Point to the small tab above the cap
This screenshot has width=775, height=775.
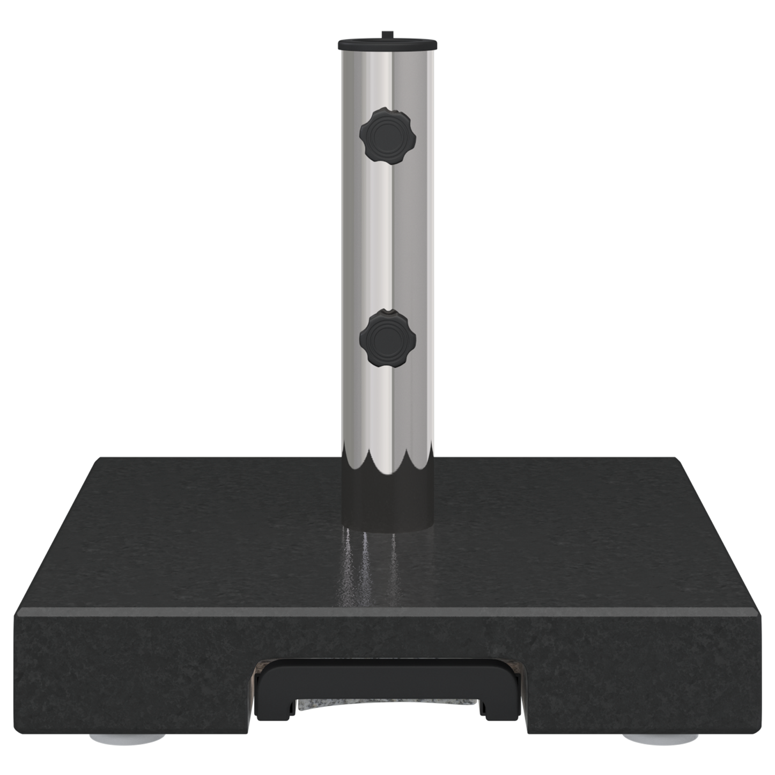coord(385,34)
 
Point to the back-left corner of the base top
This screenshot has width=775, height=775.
coord(100,459)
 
